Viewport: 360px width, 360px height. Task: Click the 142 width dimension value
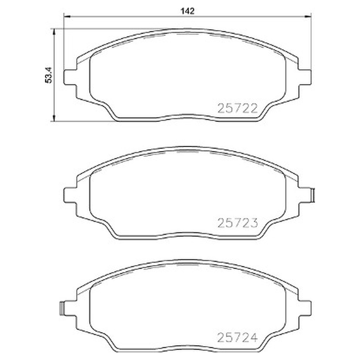point(187,11)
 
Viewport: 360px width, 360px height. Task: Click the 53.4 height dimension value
point(49,75)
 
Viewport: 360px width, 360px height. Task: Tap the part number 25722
point(238,108)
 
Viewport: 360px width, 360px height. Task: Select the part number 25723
point(238,223)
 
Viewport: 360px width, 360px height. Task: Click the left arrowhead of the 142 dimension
point(67,17)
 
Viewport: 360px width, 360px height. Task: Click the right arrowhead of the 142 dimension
point(308,17)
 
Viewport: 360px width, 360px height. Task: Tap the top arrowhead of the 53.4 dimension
point(54,32)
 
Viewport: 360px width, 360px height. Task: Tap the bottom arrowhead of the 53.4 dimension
point(54,118)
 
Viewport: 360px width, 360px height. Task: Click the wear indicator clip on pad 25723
point(313,195)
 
